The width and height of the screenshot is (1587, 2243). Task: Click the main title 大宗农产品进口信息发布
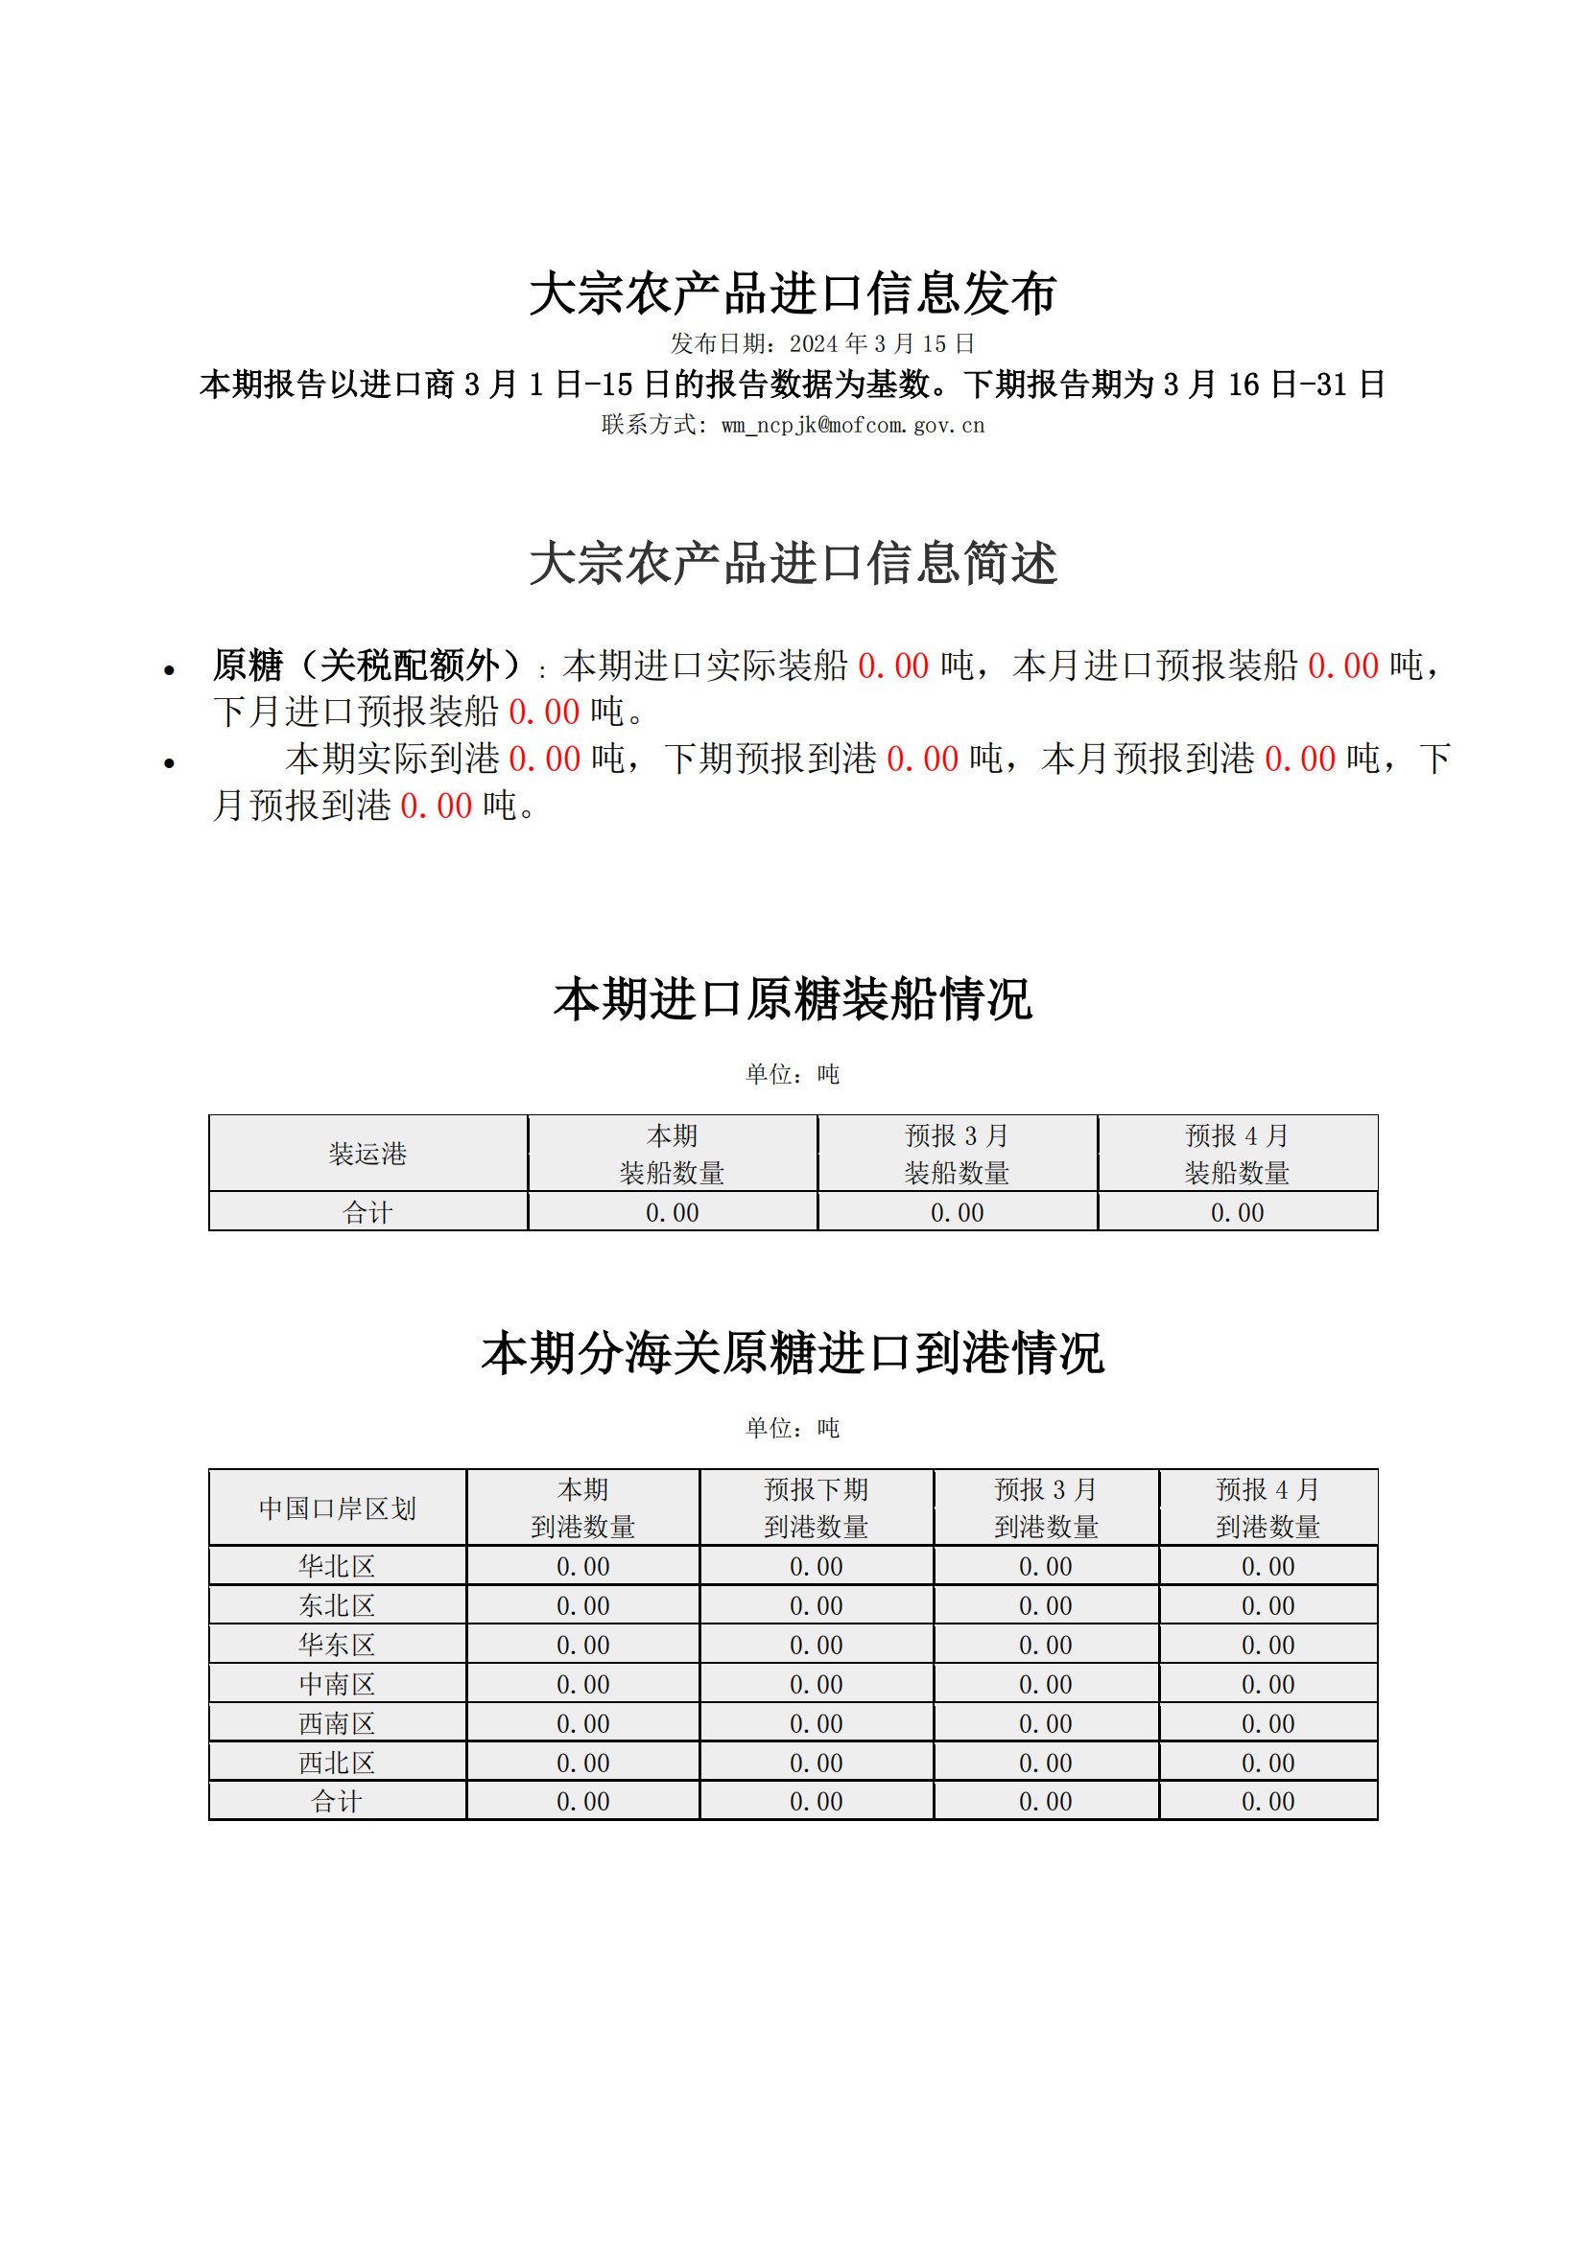[x=793, y=293]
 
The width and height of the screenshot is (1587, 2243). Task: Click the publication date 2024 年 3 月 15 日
[x=882, y=344]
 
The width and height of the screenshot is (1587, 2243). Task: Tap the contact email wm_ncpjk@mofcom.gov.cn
[x=852, y=425]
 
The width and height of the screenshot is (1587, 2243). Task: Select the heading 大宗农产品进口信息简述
[x=793, y=564]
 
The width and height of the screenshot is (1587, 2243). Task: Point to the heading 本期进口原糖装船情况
[x=793, y=999]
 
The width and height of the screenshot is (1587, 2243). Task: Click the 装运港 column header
[x=367, y=1154]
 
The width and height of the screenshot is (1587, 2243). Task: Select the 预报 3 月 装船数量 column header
[x=957, y=1154]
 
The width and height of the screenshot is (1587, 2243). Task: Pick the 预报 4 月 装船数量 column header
[x=1237, y=1154]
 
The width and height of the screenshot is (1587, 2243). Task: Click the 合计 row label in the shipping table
[x=367, y=1212]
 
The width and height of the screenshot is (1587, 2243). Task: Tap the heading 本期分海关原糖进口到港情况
[x=793, y=1354]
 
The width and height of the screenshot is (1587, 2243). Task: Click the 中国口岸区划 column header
[x=337, y=1508]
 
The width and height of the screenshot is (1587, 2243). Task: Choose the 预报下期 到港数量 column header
[x=816, y=1508]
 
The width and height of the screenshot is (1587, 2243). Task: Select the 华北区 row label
[x=337, y=1566]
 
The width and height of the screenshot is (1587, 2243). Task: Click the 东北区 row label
[x=337, y=1605]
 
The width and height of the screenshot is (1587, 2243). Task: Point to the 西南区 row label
[x=337, y=1723]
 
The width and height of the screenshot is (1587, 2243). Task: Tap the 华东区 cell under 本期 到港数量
[x=583, y=1646]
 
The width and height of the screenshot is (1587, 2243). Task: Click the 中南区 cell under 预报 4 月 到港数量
[x=1267, y=1684]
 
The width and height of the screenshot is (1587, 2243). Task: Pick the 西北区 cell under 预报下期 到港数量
[x=816, y=1764]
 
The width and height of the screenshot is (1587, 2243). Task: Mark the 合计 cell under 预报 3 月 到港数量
[x=1046, y=1802]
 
